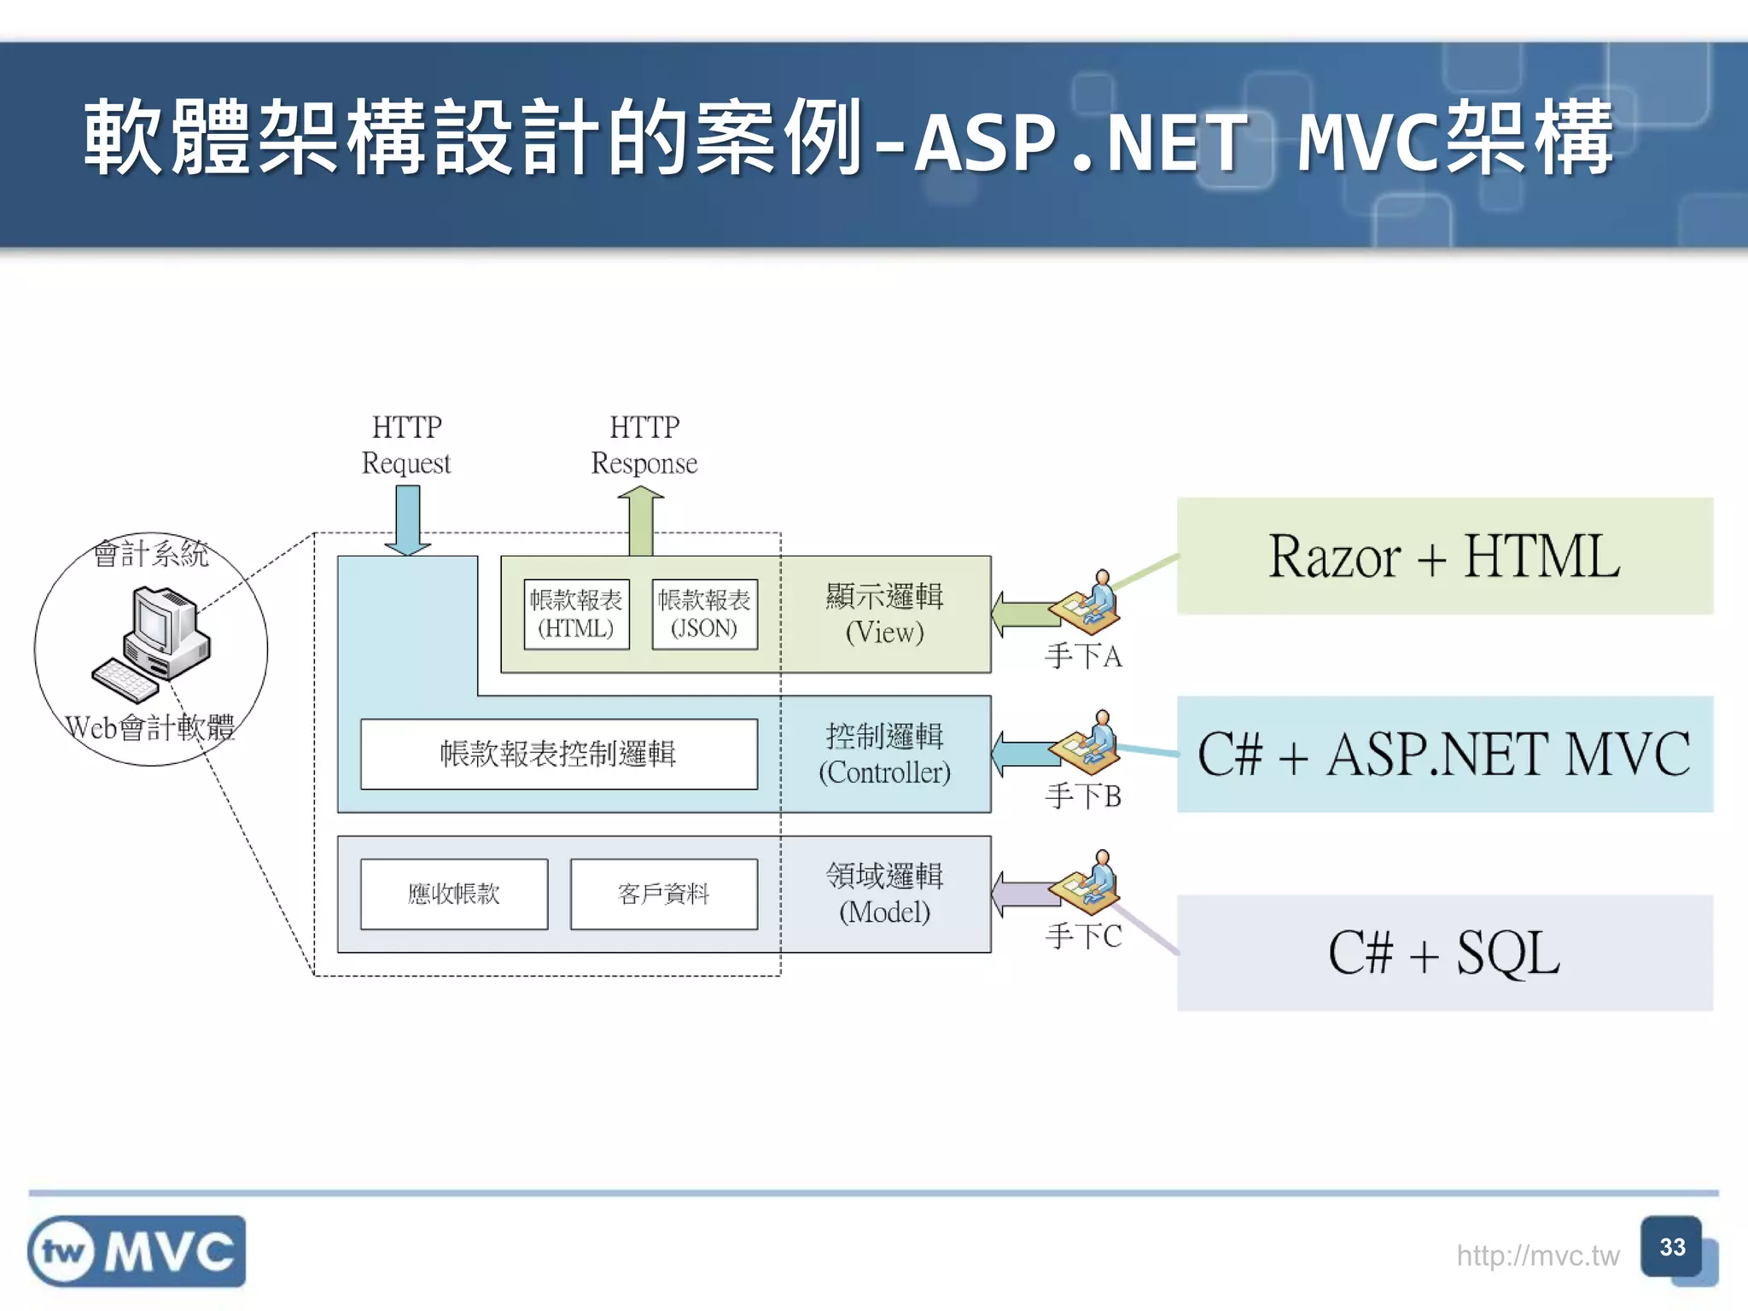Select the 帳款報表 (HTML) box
[576, 615]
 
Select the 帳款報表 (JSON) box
[704, 615]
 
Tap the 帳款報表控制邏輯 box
[558, 754]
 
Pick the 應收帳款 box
[453, 894]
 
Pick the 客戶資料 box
[663, 894]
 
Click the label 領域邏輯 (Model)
[884, 894]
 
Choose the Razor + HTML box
[1444, 556]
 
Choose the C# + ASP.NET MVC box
[1444, 755]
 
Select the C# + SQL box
[1444, 953]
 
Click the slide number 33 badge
[1672, 1248]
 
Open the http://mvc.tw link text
[1537, 1256]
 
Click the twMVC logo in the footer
[137, 1251]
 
